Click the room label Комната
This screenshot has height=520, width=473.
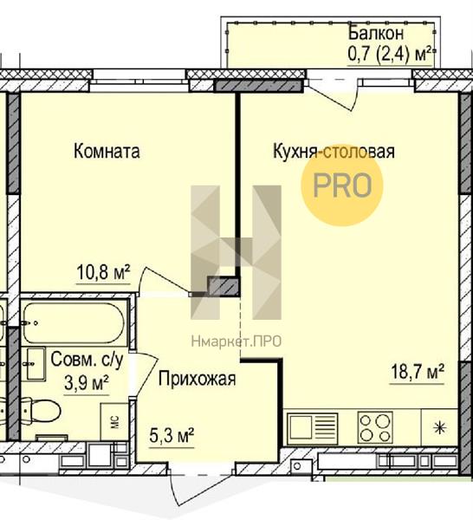pos(107,151)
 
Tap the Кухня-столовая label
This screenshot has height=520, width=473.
pos(334,152)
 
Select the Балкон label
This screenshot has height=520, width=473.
pos(376,33)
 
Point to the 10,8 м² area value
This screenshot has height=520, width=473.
pos(103,272)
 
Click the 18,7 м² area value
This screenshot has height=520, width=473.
pos(418,372)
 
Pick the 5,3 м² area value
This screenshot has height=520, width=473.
pos(172,435)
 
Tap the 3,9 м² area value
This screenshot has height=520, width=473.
pos(87,383)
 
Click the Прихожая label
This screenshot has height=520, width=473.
pos(197,379)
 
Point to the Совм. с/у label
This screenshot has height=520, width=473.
pos(87,360)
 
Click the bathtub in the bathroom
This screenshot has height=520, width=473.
pos(75,322)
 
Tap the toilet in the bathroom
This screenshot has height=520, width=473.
pos(42,411)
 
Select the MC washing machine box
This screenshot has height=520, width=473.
pos(114,422)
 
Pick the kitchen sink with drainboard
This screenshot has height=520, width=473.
pos(312,428)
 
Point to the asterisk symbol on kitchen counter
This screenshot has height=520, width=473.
pos(439,428)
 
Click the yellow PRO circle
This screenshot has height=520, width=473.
pos(342,186)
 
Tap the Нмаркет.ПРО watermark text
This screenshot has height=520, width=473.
pos(236,341)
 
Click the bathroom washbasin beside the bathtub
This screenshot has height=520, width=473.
pos(34,364)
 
